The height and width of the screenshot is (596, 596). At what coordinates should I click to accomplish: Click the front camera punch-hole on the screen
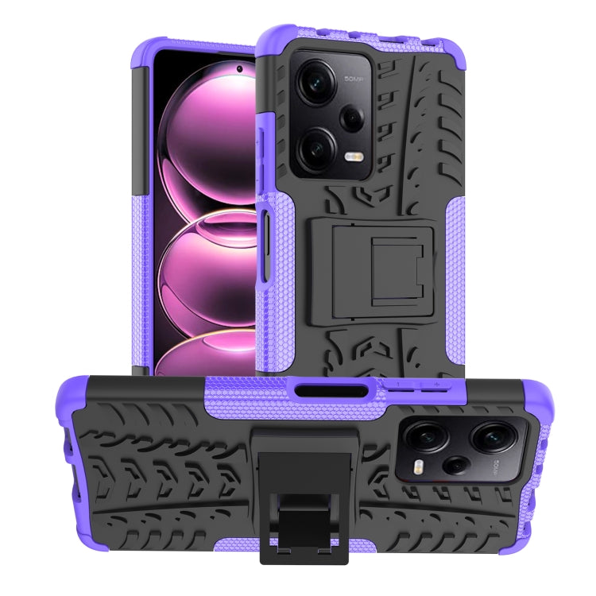pyautogui.click(x=239, y=69)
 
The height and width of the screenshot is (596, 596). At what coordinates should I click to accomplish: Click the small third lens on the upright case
pyautogui.click(x=352, y=118)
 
